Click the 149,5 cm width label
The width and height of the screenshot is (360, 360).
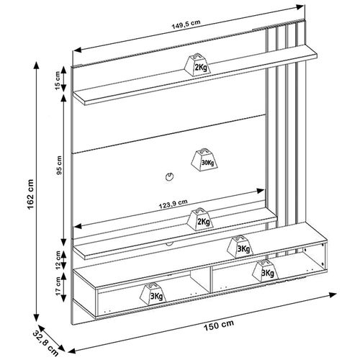click(x=186, y=24)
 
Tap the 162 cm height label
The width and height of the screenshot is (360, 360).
click(x=31, y=194)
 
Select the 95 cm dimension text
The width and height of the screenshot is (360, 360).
click(x=59, y=165)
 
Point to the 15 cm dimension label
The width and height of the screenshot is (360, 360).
click(x=58, y=81)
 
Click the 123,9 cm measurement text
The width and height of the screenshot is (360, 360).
click(x=173, y=204)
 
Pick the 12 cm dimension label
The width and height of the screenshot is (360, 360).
click(x=58, y=261)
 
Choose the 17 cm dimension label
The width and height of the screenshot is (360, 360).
click(x=58, y=287)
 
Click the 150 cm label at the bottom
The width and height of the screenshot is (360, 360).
click(x=219, y=325)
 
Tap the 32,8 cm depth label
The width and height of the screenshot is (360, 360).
click(x=45, y=343)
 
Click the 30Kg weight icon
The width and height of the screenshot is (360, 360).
click(x=204, y=158)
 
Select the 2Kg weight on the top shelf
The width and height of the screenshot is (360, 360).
click(x=198, y=65)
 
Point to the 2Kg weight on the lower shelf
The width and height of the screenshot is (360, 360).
click(x=201, y=219)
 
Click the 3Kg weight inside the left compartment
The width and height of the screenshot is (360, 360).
click(x=153, y=294)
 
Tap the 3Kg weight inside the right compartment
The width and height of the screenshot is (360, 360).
click(x=265, y=271)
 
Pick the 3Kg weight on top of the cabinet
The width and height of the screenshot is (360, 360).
click(x=240, y=246)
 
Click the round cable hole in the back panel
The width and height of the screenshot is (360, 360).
click(x=169, y=176)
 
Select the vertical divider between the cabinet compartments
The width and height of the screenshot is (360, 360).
click(x=211, y=279)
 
